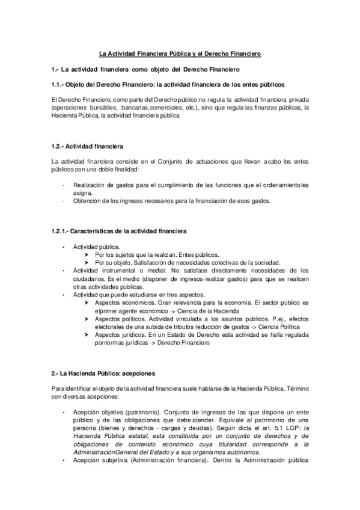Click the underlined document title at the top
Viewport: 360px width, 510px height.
tap(180, 54)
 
